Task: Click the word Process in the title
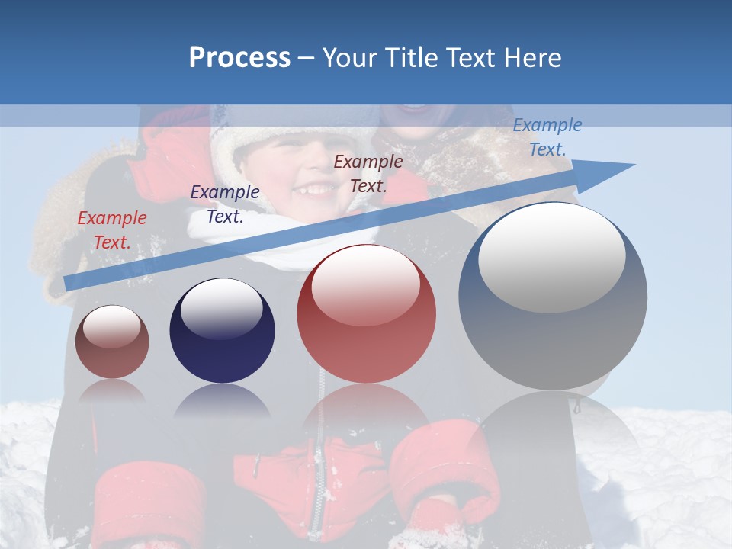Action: pyautogui.click(x=239, y=57)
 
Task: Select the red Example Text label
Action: pyautogui.click(x=112, y=230)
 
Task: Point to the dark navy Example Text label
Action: pyautogui.click(x=225, y=204)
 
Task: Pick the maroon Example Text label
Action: pyautogui.click(x=368, y=174)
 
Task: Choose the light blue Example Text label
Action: pyautogui.click(x=547, y=137)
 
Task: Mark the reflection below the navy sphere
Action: pyautogui.click(x=222, y=400)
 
